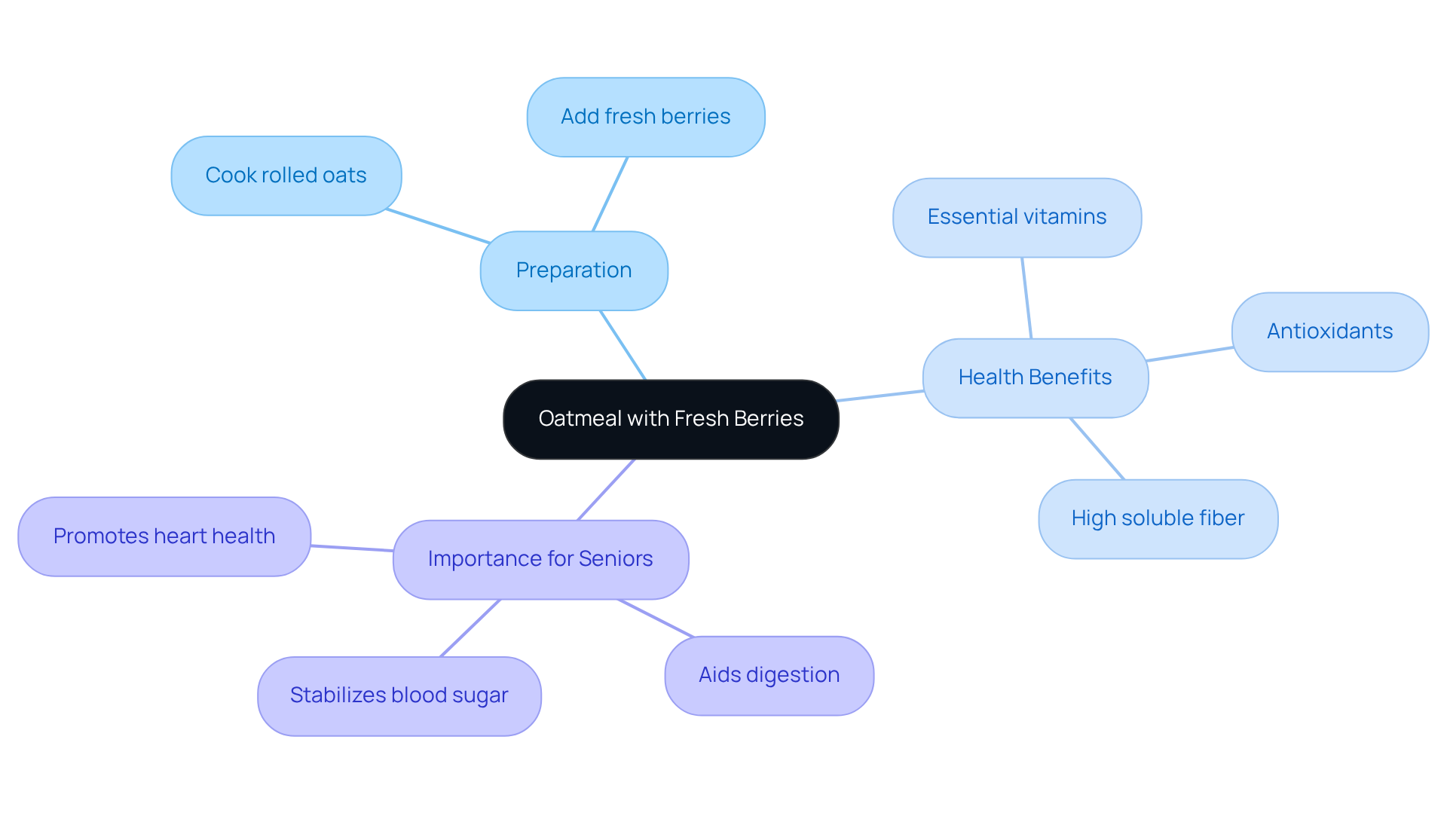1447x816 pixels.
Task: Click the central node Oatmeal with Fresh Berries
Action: tap(671, 419)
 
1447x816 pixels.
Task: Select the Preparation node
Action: tap(574, 270)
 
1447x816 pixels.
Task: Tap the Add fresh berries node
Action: tap(646, 117)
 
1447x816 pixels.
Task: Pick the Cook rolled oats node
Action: tap(286, 176)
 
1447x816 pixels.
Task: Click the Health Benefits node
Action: tap(1035, 377)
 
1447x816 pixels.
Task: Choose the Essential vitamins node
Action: tap(1017, 217)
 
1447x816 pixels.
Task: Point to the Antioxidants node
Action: tap(1329, 332)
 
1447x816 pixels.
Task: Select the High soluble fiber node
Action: tap(1158, 518)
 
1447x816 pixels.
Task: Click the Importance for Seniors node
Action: tap(540, 559)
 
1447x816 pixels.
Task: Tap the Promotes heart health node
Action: tap(164, 536)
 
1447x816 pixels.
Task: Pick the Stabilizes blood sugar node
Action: tap(399, 695)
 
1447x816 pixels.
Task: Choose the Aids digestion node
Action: tap(769, 675)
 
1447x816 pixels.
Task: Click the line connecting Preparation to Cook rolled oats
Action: tap(437, 226)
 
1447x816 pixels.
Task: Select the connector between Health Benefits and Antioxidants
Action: tap(1189, 354)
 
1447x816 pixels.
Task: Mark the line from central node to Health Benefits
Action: tap(880, 396)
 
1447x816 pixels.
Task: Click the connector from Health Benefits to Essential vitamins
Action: tap(1026, 298)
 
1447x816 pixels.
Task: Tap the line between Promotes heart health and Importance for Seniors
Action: tap(352, 548)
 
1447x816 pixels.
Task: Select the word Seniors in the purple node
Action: tap(616, 559)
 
